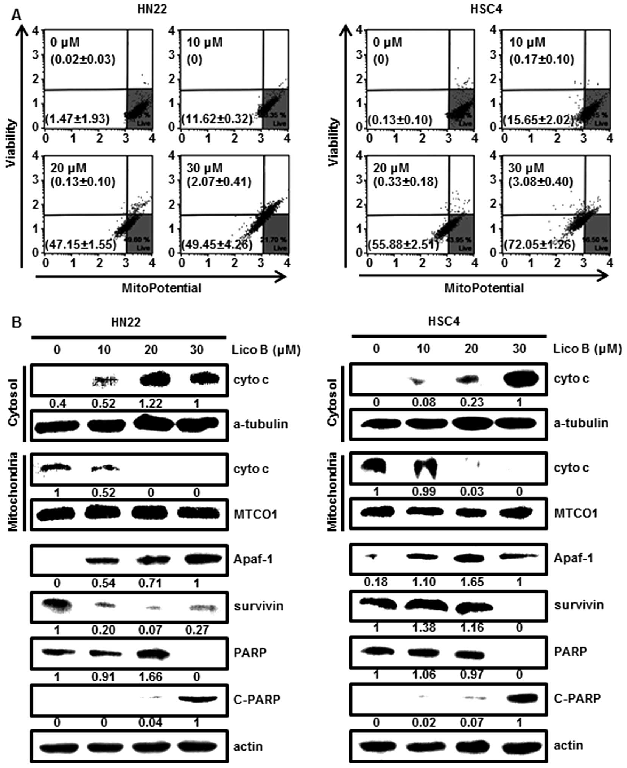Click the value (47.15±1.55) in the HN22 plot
click(x=81, y=245)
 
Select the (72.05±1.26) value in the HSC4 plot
click(x=539, y=245)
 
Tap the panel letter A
click(x=16, y=16)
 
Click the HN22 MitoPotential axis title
click(x=161, y=288)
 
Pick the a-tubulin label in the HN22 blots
click(x=261, y=424)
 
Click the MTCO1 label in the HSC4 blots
click(x=576, y=513)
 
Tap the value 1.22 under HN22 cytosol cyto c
click(x=151, y=403)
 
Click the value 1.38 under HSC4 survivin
click(x=424, y=628)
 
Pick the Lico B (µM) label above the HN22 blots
click(x=266, y=350)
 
